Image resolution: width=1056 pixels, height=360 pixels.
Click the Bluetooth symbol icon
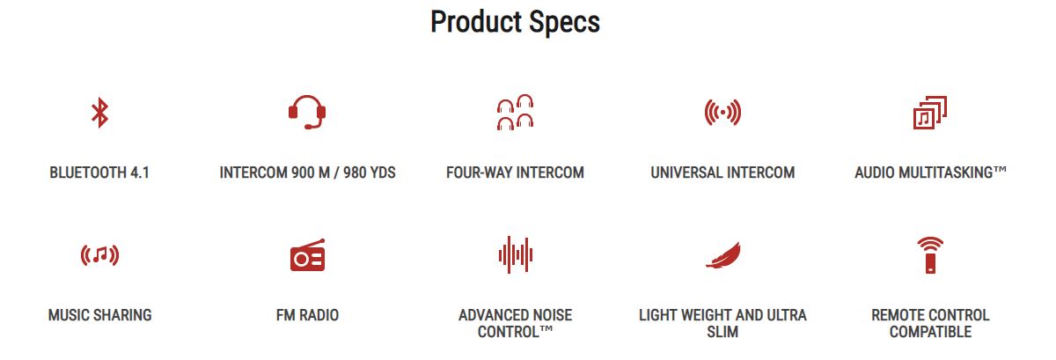pyautogui.click(x=99, y=113)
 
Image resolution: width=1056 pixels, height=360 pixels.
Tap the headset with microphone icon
pyautogui.click(x=307, y=112)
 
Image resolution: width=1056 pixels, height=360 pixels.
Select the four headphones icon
pyautogui.click(x=516, y=112)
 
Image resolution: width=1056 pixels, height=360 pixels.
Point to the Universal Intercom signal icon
pyautogui.click(x=722, y=113)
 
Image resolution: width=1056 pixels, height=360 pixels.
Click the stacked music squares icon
pyautogui.click(x=929, y=113)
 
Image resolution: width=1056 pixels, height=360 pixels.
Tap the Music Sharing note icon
pyautogui.click(x=99, y=255)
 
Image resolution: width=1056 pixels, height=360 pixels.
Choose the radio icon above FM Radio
pyautogui.click(x=307, y=254)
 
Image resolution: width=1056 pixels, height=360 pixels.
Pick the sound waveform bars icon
pyautogui.click(x=516, y=254)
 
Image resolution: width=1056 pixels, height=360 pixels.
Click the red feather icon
pyautogui.click(x=722, y=255)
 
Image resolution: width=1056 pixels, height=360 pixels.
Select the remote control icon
pyautogui.click(x=930, y=255)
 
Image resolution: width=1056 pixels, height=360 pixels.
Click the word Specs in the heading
pyautogui.click(x=564, y=23)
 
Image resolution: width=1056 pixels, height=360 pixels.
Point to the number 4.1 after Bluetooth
pyautogui.click(x=140, y=173)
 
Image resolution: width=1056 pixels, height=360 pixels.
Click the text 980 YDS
pyautogui.click(x=369, y=173)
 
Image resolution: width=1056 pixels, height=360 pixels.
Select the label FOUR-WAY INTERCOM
pyautogui.click(x=516, y=173)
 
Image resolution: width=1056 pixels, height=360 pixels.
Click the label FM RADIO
pyautogui.click(x=307, y=315)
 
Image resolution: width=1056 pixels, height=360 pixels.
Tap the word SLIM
pyautogui.click(x=722, y=332)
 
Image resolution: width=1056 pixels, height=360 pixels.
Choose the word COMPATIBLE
pyautogui.click(x=930, y=332)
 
